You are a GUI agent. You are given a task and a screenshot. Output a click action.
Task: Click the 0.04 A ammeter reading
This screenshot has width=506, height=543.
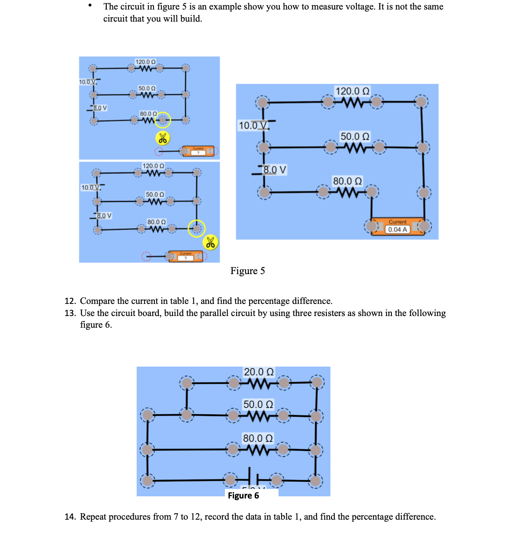point(397,230)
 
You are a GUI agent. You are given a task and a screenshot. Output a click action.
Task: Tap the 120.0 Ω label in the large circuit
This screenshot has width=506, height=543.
point(352,91)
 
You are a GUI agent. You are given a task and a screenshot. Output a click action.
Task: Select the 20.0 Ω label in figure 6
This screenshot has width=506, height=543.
point(259,372)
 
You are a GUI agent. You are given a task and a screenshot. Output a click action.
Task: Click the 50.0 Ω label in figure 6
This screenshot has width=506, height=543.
point(258,404)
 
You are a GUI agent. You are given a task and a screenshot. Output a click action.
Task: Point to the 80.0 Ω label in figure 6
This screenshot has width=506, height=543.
point(258,438)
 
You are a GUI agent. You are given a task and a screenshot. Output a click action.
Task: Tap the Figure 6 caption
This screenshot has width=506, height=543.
point(243,495)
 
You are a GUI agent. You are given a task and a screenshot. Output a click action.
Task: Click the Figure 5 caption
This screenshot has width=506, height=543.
point(247,271)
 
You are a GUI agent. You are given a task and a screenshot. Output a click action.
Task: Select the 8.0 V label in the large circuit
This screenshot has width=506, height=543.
point(275,169)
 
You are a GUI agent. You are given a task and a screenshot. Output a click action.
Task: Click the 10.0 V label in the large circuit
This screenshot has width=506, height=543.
point(253,125)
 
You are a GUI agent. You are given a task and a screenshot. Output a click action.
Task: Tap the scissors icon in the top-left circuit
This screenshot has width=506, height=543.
point(163,138)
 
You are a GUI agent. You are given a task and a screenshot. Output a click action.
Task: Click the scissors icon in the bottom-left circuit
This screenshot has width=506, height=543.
point(211,243)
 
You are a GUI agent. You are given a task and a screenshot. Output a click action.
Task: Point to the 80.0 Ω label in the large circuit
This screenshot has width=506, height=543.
point(347,181)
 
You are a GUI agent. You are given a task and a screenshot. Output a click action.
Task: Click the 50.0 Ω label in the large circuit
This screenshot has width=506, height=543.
point(355,136)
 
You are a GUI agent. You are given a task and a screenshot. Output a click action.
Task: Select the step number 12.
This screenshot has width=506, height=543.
point(70,301)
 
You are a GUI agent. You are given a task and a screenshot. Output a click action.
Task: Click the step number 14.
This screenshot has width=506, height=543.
point(70,517)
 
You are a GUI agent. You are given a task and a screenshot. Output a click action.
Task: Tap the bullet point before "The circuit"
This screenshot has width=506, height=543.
point(90,6)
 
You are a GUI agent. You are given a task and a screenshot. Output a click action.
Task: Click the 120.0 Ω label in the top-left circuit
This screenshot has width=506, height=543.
point(145,62)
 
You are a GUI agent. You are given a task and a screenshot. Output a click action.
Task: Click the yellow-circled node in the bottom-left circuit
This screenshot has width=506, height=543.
point(197,228)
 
